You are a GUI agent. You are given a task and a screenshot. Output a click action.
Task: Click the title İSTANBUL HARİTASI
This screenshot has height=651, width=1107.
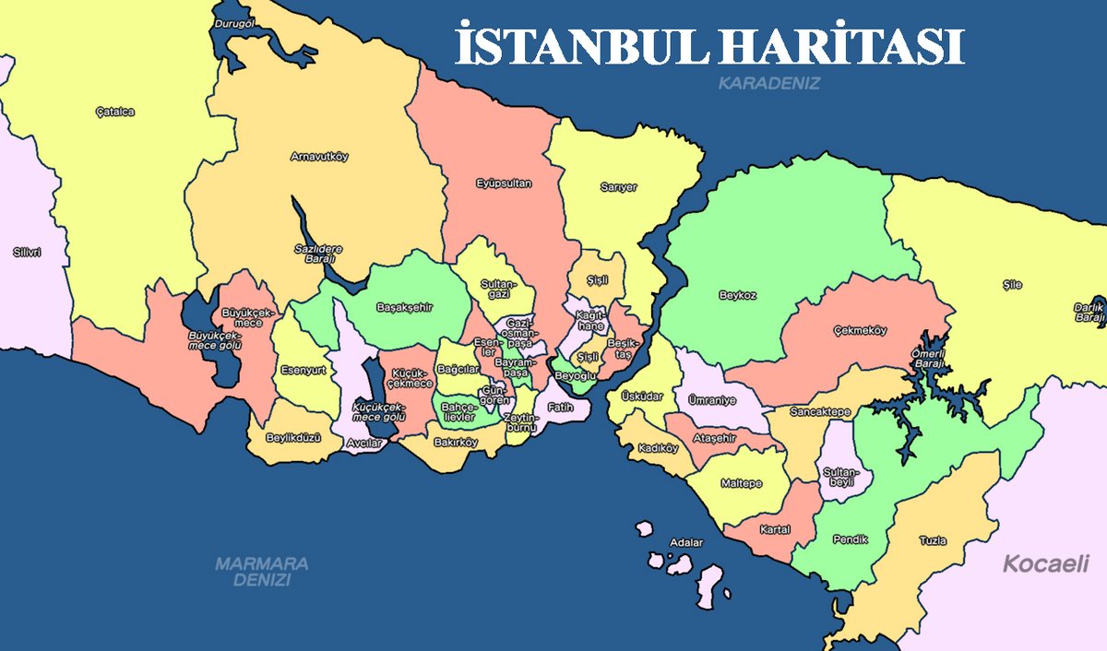[x=709, y=46]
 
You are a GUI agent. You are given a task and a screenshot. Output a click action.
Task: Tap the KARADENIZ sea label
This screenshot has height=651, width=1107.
[x=769, y=83]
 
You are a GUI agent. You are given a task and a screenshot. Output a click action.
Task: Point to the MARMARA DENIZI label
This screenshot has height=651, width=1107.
[x=261, y=572]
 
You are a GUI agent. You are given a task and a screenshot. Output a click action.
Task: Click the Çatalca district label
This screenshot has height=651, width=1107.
[x=115, y=112]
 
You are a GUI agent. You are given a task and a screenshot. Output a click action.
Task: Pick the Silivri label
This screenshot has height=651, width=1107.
[x=28, y=251]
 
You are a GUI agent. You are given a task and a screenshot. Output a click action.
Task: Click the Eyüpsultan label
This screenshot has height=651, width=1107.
[x=504, y=183]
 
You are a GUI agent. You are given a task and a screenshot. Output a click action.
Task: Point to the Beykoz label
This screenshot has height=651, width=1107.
[x=738, y=296]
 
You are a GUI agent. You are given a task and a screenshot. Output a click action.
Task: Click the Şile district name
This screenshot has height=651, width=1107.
[x=1012, y=285]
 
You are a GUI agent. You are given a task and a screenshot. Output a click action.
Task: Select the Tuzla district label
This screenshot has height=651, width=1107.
[x=933, y=540]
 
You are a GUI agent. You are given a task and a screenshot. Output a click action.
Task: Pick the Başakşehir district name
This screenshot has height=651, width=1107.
[x=411, y=307]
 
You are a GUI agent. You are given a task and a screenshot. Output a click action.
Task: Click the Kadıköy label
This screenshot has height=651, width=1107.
[x=658, y=449]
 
